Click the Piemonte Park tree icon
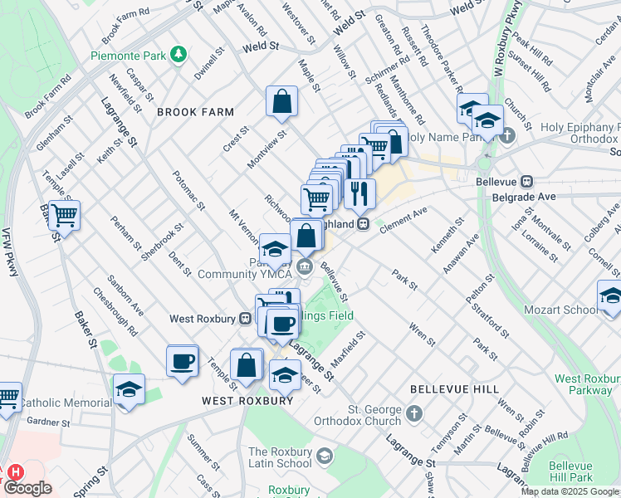177,55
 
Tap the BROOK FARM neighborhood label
195,111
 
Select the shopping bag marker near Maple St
281,101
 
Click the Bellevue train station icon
526,182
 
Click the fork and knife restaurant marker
359,194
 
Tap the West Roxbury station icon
245,318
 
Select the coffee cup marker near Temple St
182,361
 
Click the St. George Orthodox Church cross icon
413,413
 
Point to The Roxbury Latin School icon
325,456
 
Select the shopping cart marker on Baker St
64,216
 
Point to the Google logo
27,488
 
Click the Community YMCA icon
305,266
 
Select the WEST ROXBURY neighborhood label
247,400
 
